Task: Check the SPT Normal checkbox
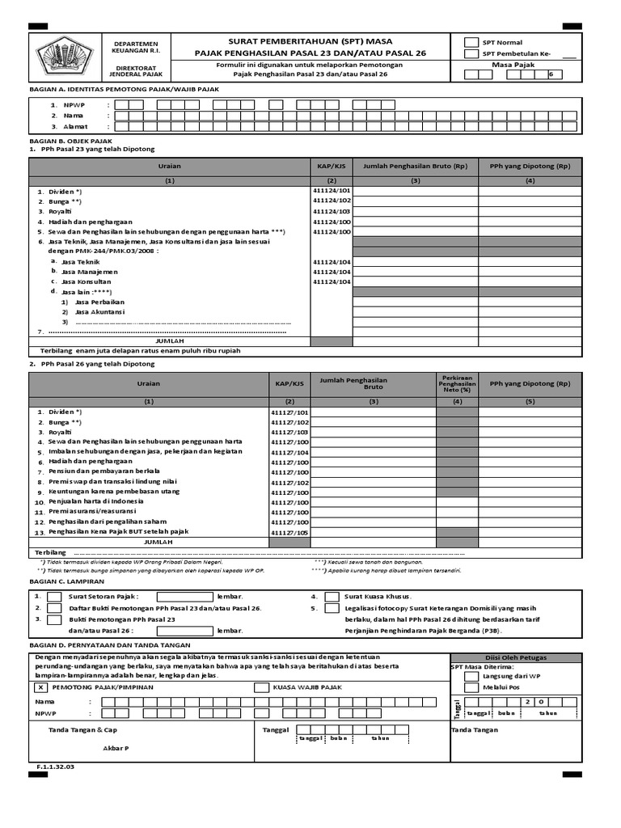471,42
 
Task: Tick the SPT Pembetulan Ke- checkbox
471,54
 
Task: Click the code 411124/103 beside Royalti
332,210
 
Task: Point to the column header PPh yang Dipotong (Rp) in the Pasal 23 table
530,166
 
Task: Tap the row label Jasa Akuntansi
99,311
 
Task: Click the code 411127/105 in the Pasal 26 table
290,532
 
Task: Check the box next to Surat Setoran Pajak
55,597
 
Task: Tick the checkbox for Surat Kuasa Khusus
332,597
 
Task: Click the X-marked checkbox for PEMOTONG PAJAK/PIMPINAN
40,686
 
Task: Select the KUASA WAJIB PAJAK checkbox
261,687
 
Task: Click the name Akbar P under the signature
116,748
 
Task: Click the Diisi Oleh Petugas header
514,657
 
